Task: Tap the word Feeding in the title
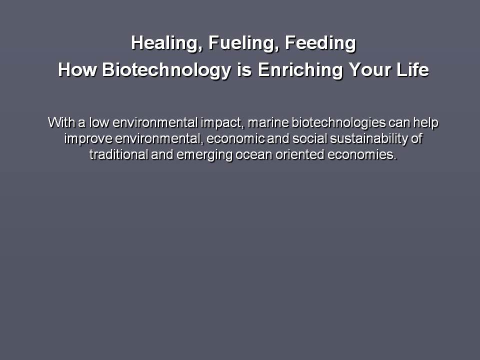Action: coord(320,43)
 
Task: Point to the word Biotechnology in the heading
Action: coord(166,70)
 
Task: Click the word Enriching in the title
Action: coord(300,70)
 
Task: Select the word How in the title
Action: coord(77,69)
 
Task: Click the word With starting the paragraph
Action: coord(61,122)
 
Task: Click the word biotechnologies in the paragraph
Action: coord(338,123)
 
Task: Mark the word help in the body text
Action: coord(426,123)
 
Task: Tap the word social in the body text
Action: coord(309,138)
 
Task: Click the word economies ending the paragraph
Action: coord(362,155)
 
